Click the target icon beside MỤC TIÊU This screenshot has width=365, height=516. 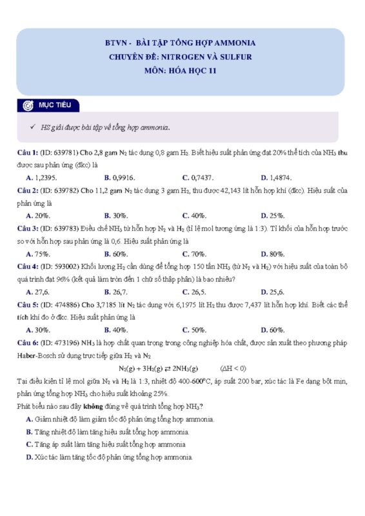click(28, 105)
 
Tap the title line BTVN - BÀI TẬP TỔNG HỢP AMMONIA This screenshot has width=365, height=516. click(180, 43)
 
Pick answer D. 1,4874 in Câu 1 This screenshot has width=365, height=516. click(276, 177)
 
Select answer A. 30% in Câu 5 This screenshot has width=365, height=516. click(38, 330)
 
